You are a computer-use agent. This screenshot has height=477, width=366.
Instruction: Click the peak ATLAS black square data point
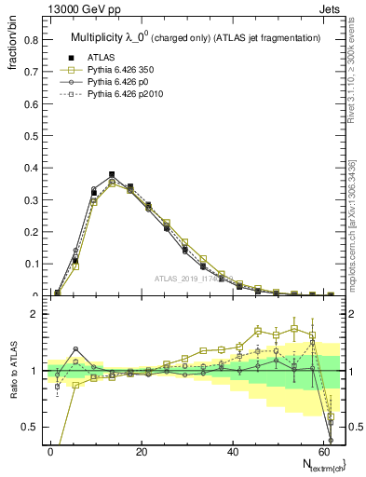112,174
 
